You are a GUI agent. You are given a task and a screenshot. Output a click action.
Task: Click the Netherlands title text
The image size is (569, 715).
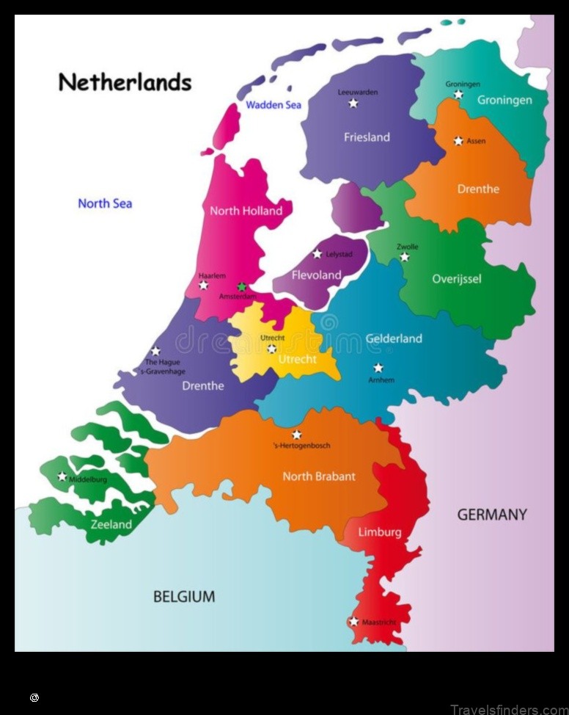(125, 81)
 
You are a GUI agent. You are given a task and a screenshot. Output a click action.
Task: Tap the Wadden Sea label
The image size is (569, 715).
(273, 105)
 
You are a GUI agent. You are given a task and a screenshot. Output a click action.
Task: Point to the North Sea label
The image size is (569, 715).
(105, 203)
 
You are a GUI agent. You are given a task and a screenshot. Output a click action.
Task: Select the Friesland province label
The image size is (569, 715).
(367, 137)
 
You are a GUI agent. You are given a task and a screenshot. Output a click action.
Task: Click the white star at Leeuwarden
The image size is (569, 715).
(353, 104)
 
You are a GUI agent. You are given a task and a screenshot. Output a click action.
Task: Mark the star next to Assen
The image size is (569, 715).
(458, 140)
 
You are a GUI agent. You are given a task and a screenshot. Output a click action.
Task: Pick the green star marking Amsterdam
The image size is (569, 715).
(241, 287)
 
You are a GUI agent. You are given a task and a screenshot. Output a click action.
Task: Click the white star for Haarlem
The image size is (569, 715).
(204, 285)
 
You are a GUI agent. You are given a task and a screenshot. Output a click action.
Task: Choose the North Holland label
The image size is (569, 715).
(246, 211)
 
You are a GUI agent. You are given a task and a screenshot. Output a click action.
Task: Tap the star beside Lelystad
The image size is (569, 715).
(317, 253)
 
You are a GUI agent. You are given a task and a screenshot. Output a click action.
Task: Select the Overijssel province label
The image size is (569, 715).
(456, 279)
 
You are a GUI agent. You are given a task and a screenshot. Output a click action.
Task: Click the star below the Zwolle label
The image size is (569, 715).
(404, 257)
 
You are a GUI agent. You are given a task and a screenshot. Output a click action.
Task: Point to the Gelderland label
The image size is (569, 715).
(394, 338)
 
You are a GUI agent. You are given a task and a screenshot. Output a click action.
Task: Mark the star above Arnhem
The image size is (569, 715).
(378, 368)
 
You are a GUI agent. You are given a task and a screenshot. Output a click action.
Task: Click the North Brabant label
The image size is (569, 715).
(319, 476)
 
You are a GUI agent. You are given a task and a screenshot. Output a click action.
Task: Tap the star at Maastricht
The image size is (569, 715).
(353, 621)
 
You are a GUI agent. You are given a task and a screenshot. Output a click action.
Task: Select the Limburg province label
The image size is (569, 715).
(379, 532)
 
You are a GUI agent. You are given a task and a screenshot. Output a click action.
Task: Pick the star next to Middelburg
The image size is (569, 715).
(62, 476)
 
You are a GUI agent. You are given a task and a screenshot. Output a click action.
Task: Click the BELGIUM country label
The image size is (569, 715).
(184, 597)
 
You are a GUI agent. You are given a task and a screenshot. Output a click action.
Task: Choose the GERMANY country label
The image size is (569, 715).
(491, 515)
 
